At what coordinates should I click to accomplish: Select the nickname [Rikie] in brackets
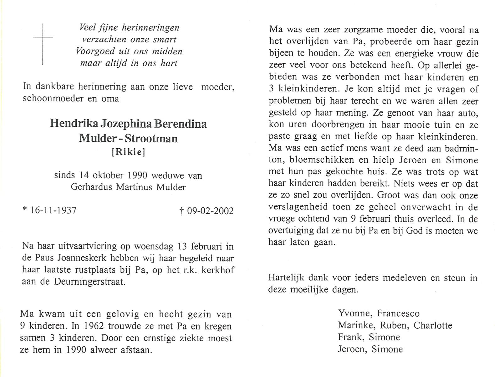click(129, 152)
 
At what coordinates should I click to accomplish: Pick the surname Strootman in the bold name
click(151, 138)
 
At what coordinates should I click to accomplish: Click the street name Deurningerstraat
click(90, 281)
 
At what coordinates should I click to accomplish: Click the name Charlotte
click(433, 325)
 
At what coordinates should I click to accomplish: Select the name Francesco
click(398, 314)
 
